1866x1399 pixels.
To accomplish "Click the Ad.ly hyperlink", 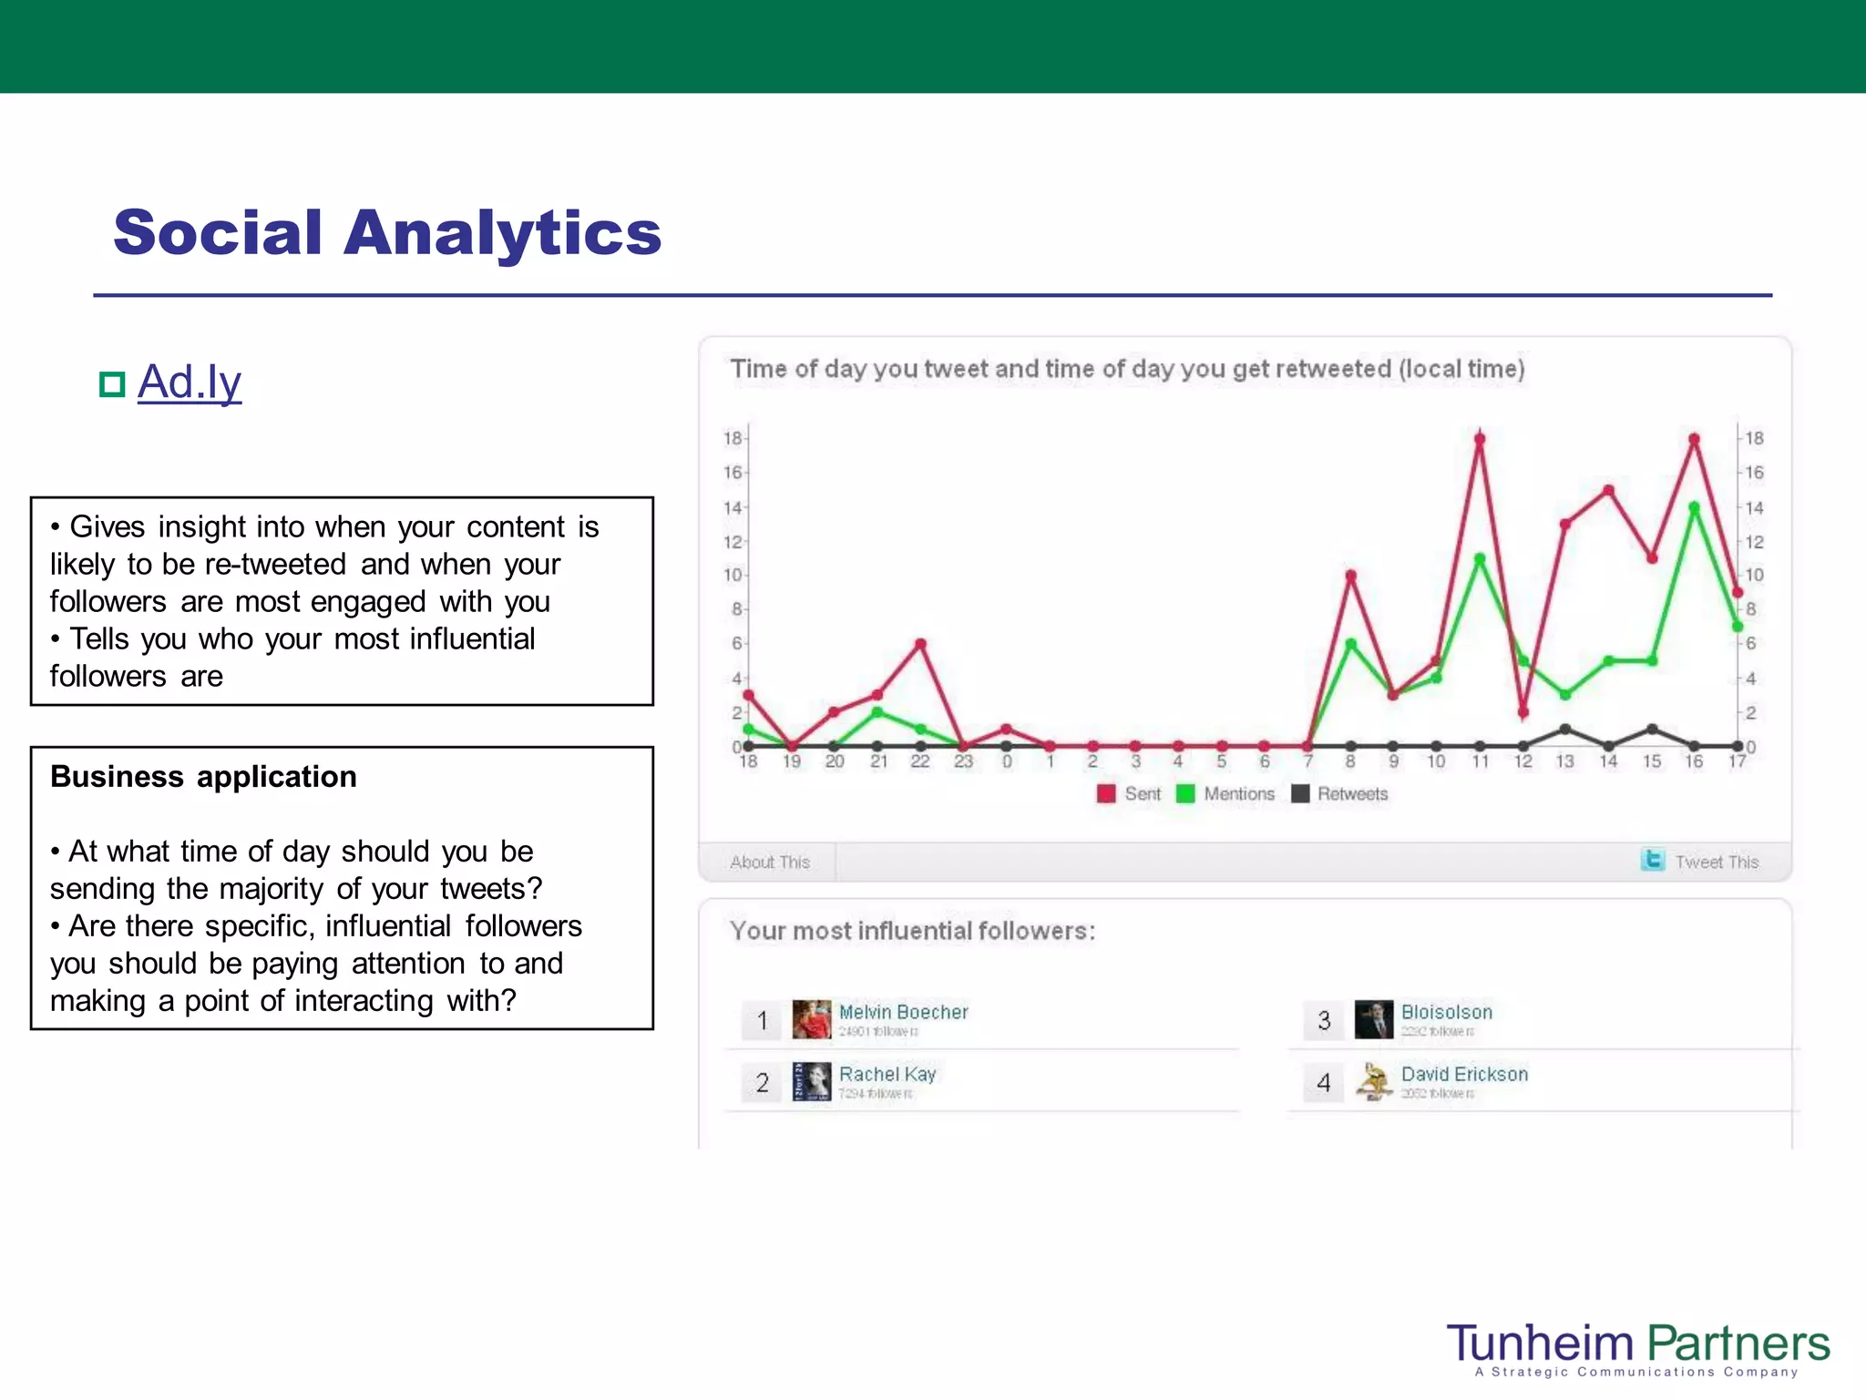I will tap(190, 383).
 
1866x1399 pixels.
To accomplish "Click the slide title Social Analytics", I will tap(387, 233).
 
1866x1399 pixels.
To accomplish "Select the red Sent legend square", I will tap(1106, 793).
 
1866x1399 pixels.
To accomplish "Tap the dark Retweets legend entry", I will tap(1340, 793).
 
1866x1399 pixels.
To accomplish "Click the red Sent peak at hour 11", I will tap(1480, 439).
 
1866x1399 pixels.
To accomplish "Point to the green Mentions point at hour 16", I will tap(1695, 507).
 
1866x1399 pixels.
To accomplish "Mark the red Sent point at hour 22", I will tap(921, 644).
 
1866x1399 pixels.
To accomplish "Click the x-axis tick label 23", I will tap(963, 761).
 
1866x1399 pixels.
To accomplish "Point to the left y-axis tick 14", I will tap(733, 507).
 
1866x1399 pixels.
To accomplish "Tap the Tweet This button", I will tap(1700, 862).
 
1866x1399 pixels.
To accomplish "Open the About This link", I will tap(769, 862).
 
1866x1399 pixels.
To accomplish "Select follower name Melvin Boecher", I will tap(903, 1012).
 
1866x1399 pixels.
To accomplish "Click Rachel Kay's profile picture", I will tap(811, 1081).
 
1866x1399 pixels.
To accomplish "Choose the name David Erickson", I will tap(1464, 1074).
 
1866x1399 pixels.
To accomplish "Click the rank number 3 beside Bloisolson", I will tap(1324, 1020).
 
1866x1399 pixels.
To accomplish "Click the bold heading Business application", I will tap(203, 777).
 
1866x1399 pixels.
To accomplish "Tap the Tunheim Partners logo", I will tap(1637, 1347).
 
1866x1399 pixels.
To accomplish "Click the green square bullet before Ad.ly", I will tap(111, 384).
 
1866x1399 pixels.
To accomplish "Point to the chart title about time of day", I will tap(1127, 369).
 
